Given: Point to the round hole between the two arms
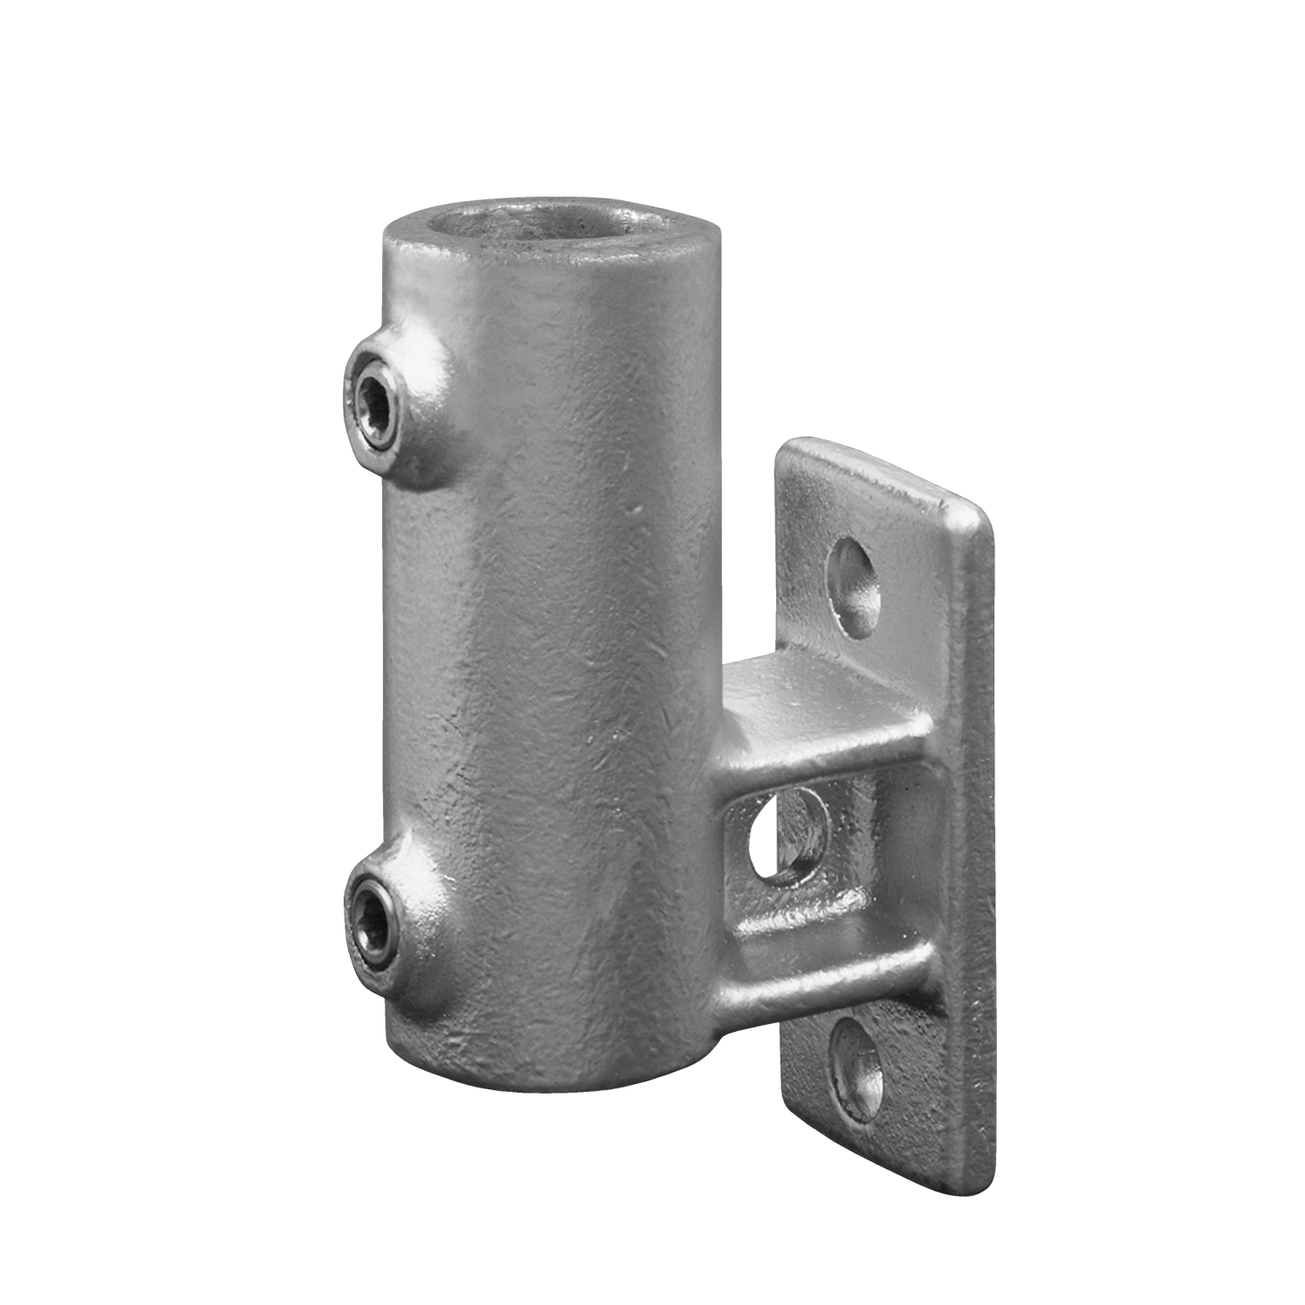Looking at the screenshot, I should tap(787, 833).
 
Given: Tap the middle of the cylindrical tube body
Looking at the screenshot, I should tap(548, 652).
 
